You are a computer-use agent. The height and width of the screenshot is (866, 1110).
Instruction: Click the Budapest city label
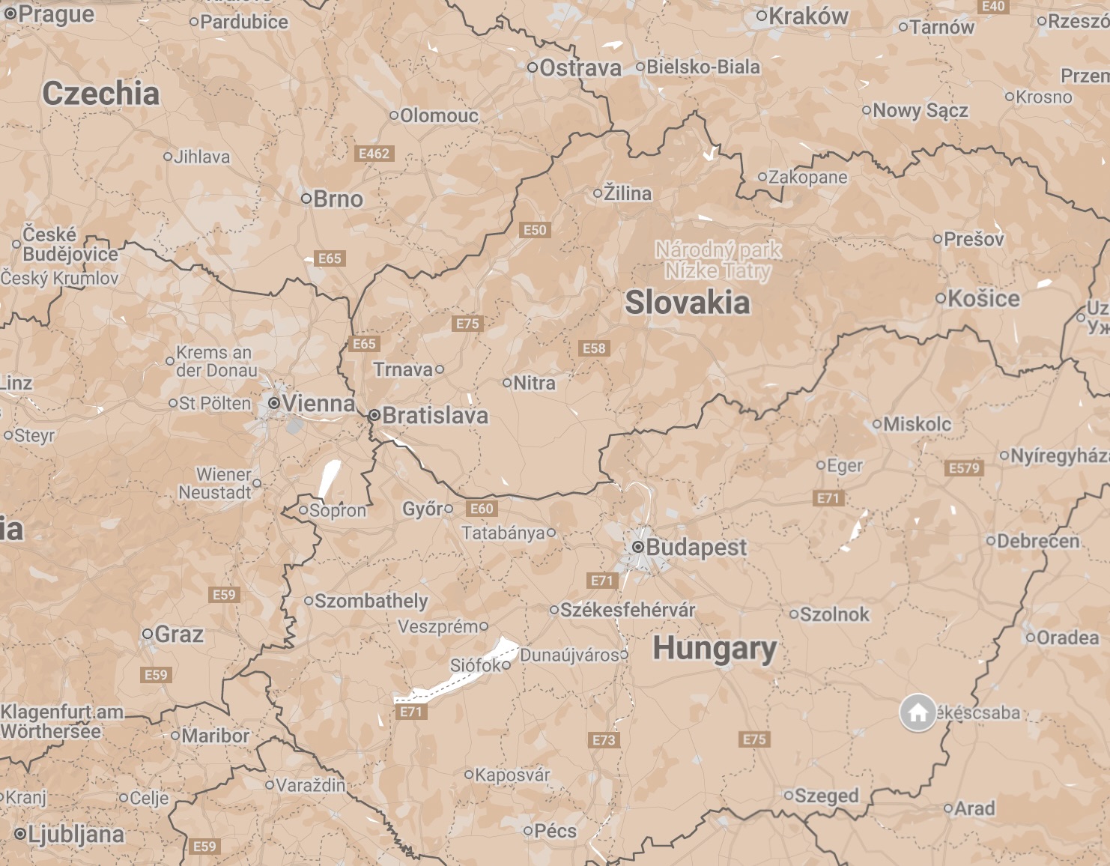click(x=696, y=548)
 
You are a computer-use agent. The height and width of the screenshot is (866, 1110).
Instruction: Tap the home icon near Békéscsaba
click(x=918, y=713)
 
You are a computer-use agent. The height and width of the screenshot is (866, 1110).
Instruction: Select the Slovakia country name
click(x=687, y=303)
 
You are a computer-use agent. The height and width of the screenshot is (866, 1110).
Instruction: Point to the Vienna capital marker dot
click(x=274, y=404)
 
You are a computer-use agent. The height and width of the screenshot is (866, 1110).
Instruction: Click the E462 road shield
click(x=374, y=154)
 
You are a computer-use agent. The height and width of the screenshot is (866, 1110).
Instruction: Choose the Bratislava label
click(x=434, y=416)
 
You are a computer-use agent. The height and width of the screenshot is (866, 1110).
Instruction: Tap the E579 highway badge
click(x=964, y=468)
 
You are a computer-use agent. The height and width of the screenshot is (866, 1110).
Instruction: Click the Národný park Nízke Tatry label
click(x=718, y=260)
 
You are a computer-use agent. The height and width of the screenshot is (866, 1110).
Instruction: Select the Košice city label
click(x=983, y=299)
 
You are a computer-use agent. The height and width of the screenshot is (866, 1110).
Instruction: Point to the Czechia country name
click(x=101, y=94)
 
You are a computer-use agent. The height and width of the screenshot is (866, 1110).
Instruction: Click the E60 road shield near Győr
click(x=482, y=509)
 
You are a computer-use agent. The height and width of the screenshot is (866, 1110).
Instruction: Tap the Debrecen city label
click(x=1038, y=541)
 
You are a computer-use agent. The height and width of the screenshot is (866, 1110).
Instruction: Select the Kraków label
click(x=808, y=16)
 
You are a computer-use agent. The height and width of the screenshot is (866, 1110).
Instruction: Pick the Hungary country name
click(x=715, y=648)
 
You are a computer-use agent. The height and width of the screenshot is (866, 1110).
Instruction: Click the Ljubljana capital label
click(x=76, y=834)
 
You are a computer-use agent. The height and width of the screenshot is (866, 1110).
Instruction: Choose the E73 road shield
click(x=604, y=740)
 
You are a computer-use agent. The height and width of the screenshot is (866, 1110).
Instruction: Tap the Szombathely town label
click(x=371, y=601)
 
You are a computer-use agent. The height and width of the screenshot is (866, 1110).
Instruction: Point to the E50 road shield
click(x=535, y=230)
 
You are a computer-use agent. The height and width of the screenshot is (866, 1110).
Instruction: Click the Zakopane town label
click(x=807, y=178)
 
